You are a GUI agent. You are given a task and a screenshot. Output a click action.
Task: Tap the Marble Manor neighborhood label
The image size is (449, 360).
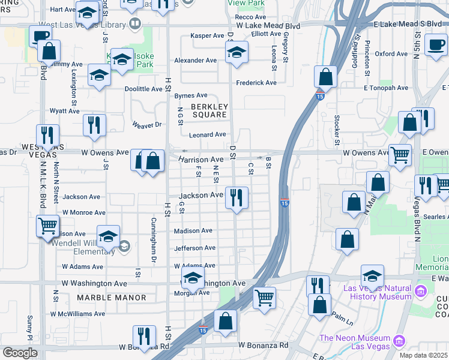pos(112,298)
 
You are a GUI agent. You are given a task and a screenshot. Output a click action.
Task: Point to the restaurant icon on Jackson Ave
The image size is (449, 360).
pos(236,197)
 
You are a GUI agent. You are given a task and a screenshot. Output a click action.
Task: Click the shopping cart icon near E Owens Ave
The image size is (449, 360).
pos(399,155)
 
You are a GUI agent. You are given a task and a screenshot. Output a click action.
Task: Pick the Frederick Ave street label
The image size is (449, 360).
pos(256,83)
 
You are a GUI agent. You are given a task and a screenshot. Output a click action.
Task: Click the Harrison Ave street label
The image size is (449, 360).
pos(200,160)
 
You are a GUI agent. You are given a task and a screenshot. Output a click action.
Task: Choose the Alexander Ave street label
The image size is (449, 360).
pos(195,61)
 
